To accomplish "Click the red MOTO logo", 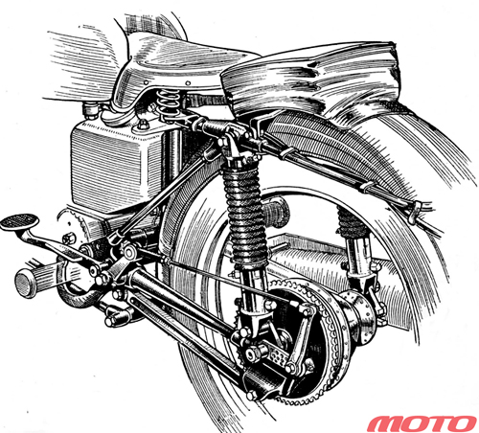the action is click(x=422, y=423).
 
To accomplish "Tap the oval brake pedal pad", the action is click(x=19, y=221).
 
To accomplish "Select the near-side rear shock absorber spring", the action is click(x=245, y=215).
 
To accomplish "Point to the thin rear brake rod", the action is click(x=230, y=281).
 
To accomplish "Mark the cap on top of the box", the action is click(x=90, y=109).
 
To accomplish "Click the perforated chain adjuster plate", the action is click(x=279, y=356).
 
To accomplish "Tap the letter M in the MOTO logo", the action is click(x=384, y=423).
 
